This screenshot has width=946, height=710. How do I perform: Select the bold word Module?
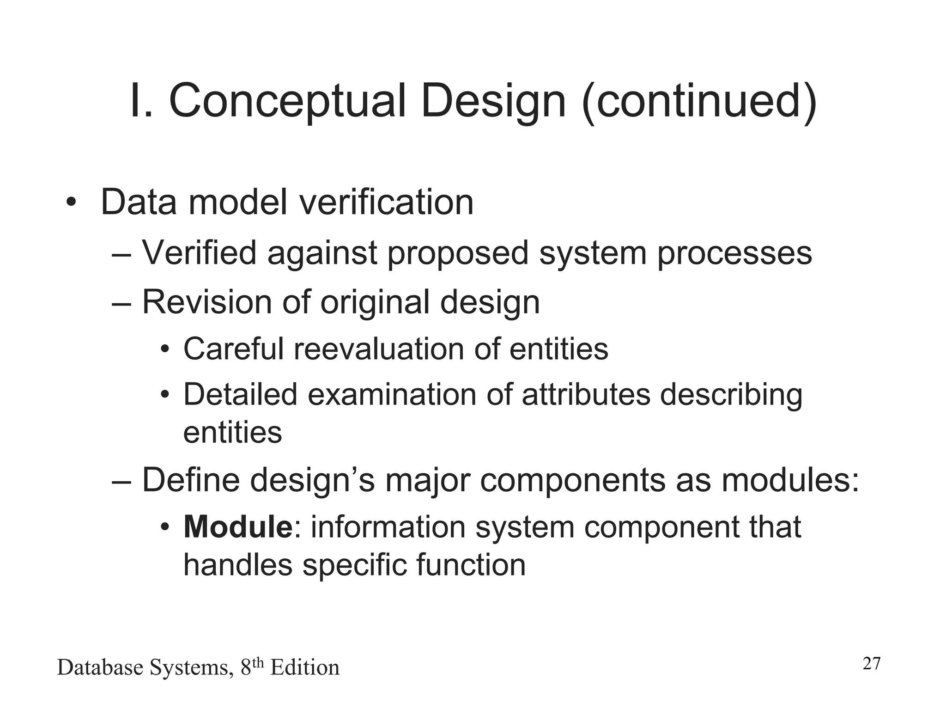point(238,526)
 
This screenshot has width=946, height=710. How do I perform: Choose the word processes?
point(734,253)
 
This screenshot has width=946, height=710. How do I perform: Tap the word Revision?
point(206,302)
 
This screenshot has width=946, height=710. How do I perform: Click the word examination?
point(392,395)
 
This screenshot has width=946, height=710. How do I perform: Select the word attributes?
point(586,395)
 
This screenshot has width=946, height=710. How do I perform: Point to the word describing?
point(731,396)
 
